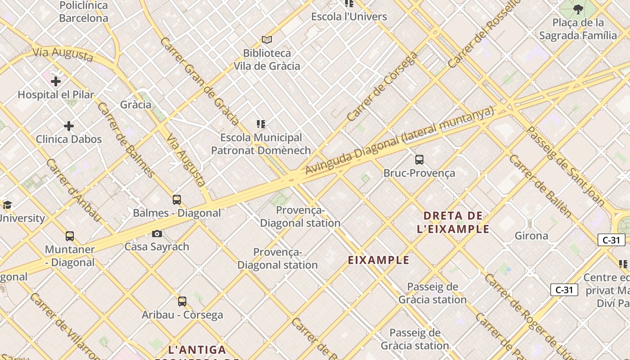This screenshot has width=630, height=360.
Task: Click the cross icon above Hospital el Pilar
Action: point(56,81)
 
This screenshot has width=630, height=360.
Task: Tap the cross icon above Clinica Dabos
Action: point(69,126)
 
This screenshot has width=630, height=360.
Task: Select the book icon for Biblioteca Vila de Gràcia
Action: point(267,40)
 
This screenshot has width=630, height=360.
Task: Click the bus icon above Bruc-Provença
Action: point(419,160)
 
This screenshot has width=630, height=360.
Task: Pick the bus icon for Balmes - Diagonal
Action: point(177,200)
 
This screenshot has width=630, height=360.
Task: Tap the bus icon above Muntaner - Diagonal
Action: point(70,236)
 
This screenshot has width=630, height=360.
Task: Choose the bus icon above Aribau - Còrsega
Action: point(182,301)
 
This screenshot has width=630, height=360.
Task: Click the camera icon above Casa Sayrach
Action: point(157,234)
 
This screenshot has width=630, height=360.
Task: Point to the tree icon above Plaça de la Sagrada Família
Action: point(578,9)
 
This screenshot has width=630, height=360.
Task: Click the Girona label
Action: point(531,236)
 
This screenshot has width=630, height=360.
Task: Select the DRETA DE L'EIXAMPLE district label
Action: point(453,222)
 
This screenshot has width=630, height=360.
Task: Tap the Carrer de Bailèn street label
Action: point(540,186)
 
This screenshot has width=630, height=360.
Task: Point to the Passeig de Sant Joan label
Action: point(565,166)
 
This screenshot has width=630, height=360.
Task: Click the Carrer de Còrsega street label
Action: point(382,87)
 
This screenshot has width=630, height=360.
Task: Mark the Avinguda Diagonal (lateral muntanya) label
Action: point(400,141)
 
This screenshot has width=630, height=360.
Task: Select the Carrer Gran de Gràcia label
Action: point(199,81)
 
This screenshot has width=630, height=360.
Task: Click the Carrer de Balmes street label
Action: point(126,140)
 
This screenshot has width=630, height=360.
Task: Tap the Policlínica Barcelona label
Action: point(84,12)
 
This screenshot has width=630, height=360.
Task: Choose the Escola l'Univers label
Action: point(349,17)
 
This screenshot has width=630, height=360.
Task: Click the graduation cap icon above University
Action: point(7,205)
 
